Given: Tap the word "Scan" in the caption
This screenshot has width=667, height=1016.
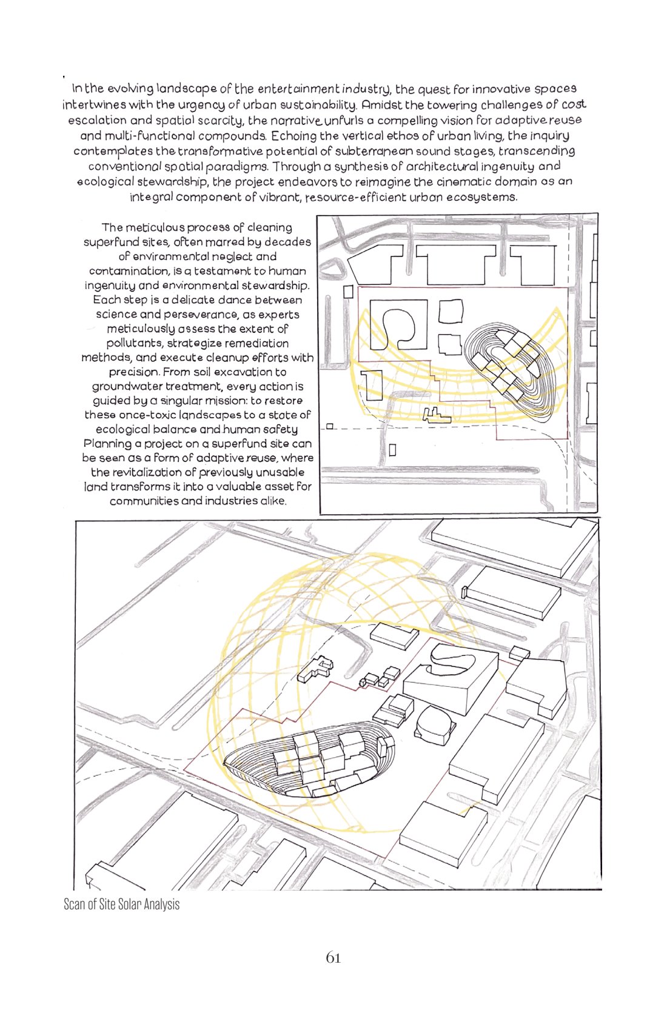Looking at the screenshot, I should [x=75, y=904].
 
